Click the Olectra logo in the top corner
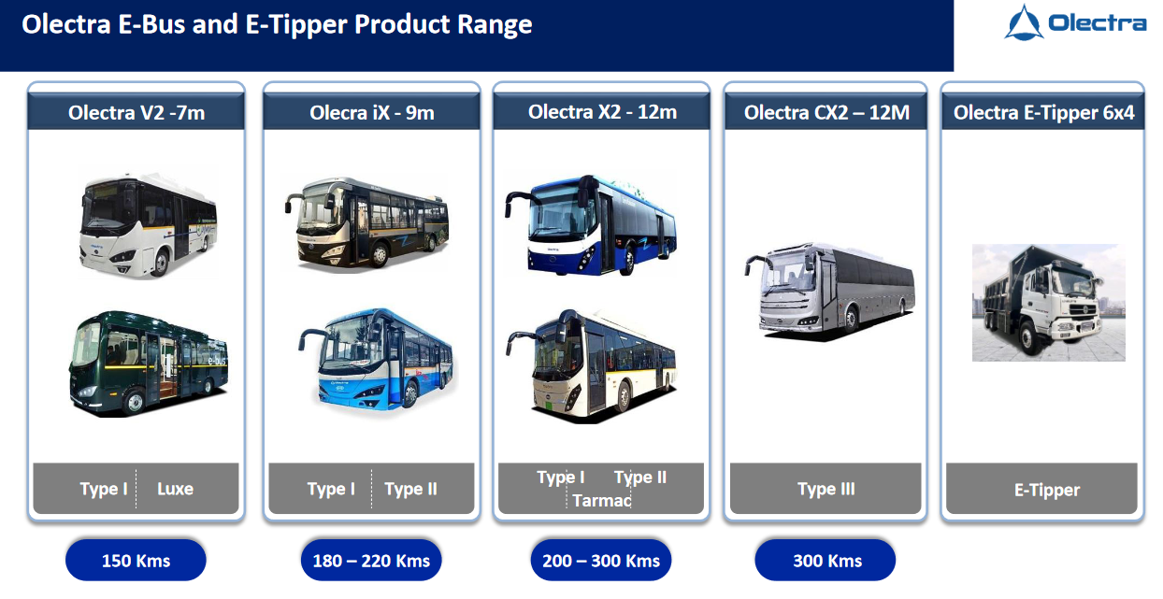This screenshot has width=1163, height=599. coord(1075,23)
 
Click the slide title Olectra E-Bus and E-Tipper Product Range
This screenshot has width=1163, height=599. coord(277,25)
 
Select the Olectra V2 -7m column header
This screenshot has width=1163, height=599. coord(136,114)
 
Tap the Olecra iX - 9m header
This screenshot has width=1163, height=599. coord(372,114)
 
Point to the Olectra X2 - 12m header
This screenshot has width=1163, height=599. coord(602,113)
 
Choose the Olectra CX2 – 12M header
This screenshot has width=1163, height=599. coord(826,114)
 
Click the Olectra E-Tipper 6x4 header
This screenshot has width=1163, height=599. coord(1043,114)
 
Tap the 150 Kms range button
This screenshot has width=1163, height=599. coord(136,561)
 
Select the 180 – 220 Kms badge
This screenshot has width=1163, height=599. coord(371,561)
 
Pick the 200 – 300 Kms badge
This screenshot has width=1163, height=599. coord(601,561)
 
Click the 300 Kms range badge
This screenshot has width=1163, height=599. coord(826,561)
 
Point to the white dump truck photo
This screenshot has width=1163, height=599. coord(1048,303)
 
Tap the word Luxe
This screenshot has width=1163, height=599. coord(175,489)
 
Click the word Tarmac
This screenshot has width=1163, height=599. coord(602,501)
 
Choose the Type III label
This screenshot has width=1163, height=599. coord(826,489)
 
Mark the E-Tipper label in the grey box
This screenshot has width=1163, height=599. coord(1047,490)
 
